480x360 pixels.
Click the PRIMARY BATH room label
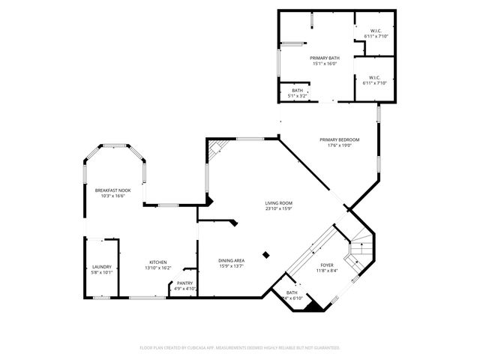[x=325, y=57]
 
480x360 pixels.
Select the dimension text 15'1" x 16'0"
[x=325, y=64]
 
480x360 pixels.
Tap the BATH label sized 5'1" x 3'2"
[x=298, y=90]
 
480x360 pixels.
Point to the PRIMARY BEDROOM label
[x=339, y=139]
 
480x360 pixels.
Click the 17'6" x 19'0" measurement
[x=339, y=146]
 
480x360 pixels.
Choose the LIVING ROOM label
[x=278, y=203]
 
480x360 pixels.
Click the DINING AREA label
[x=232, y=260]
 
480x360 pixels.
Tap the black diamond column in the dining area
[x=265, y=254]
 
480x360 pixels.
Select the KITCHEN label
[x=157, y=262]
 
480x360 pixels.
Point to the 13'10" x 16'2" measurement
[x=157, y=268]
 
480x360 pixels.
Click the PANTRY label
[x=184, y=283]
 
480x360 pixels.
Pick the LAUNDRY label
[x=102, y=267]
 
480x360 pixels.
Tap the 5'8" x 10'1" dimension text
[x=102, y=273]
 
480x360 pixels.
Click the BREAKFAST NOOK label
[x=113, y=190]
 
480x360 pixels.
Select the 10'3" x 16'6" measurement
[x=113, y=197]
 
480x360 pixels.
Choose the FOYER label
[x=328, y=265]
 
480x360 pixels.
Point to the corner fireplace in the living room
[x=216, y=148]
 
